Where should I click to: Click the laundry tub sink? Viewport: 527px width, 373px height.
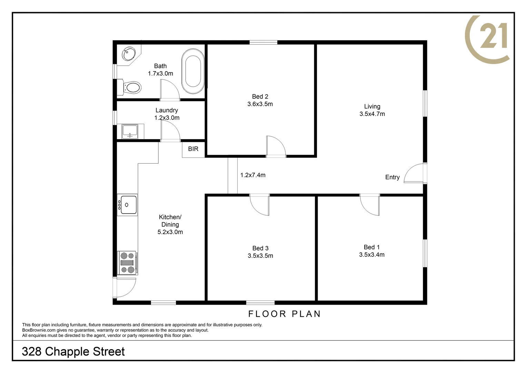pyautogui.click(x=130, y=131)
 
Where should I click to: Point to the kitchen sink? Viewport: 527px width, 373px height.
pyautogui.click(x=127, y=205)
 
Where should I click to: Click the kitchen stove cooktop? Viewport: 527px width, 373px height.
pyautogui.click(x=127, y=263)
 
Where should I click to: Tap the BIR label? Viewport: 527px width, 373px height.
pyautogui.click(x=193, y=149)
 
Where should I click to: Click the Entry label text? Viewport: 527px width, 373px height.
pyautogui.click(x=392, y=177)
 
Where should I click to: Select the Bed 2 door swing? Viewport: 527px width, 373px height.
pyautogui.click(x=276, y=146)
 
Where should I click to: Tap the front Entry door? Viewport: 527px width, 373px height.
pyautogui.click(x=415, y=173)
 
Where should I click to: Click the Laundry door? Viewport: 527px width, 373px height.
pyautogui.click(x=170, y=131)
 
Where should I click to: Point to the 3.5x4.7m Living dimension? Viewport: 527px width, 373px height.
pyautogui.click(x=372, y=114)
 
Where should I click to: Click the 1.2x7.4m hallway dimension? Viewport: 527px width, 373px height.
pyautogui.click(x=253, y=175)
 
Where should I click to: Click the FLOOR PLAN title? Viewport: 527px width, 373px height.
pyautogui.click(x=285, y=314)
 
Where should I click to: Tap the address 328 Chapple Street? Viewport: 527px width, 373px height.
pyautogui.click(x=73, y=352)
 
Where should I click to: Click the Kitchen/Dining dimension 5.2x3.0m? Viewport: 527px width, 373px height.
pyautogui.click(x=170, y=232)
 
